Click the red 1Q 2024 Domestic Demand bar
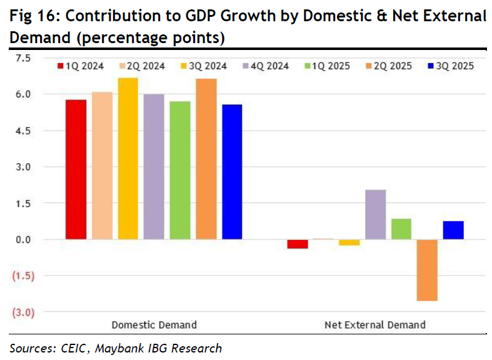coord(76,169)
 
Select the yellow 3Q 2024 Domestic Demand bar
coord(128,159)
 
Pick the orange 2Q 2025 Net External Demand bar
coord(427,270)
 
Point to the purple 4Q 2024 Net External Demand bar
coord(375,214)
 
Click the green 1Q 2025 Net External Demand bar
coord(401,229)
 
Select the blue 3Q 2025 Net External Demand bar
coord(453,230)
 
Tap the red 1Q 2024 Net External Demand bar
coord(298,244)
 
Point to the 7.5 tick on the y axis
coord(23,58)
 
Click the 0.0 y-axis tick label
coord(23,239)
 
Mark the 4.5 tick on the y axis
coord(23,131)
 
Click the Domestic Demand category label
coord(154,325)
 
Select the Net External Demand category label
coord(375,325)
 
